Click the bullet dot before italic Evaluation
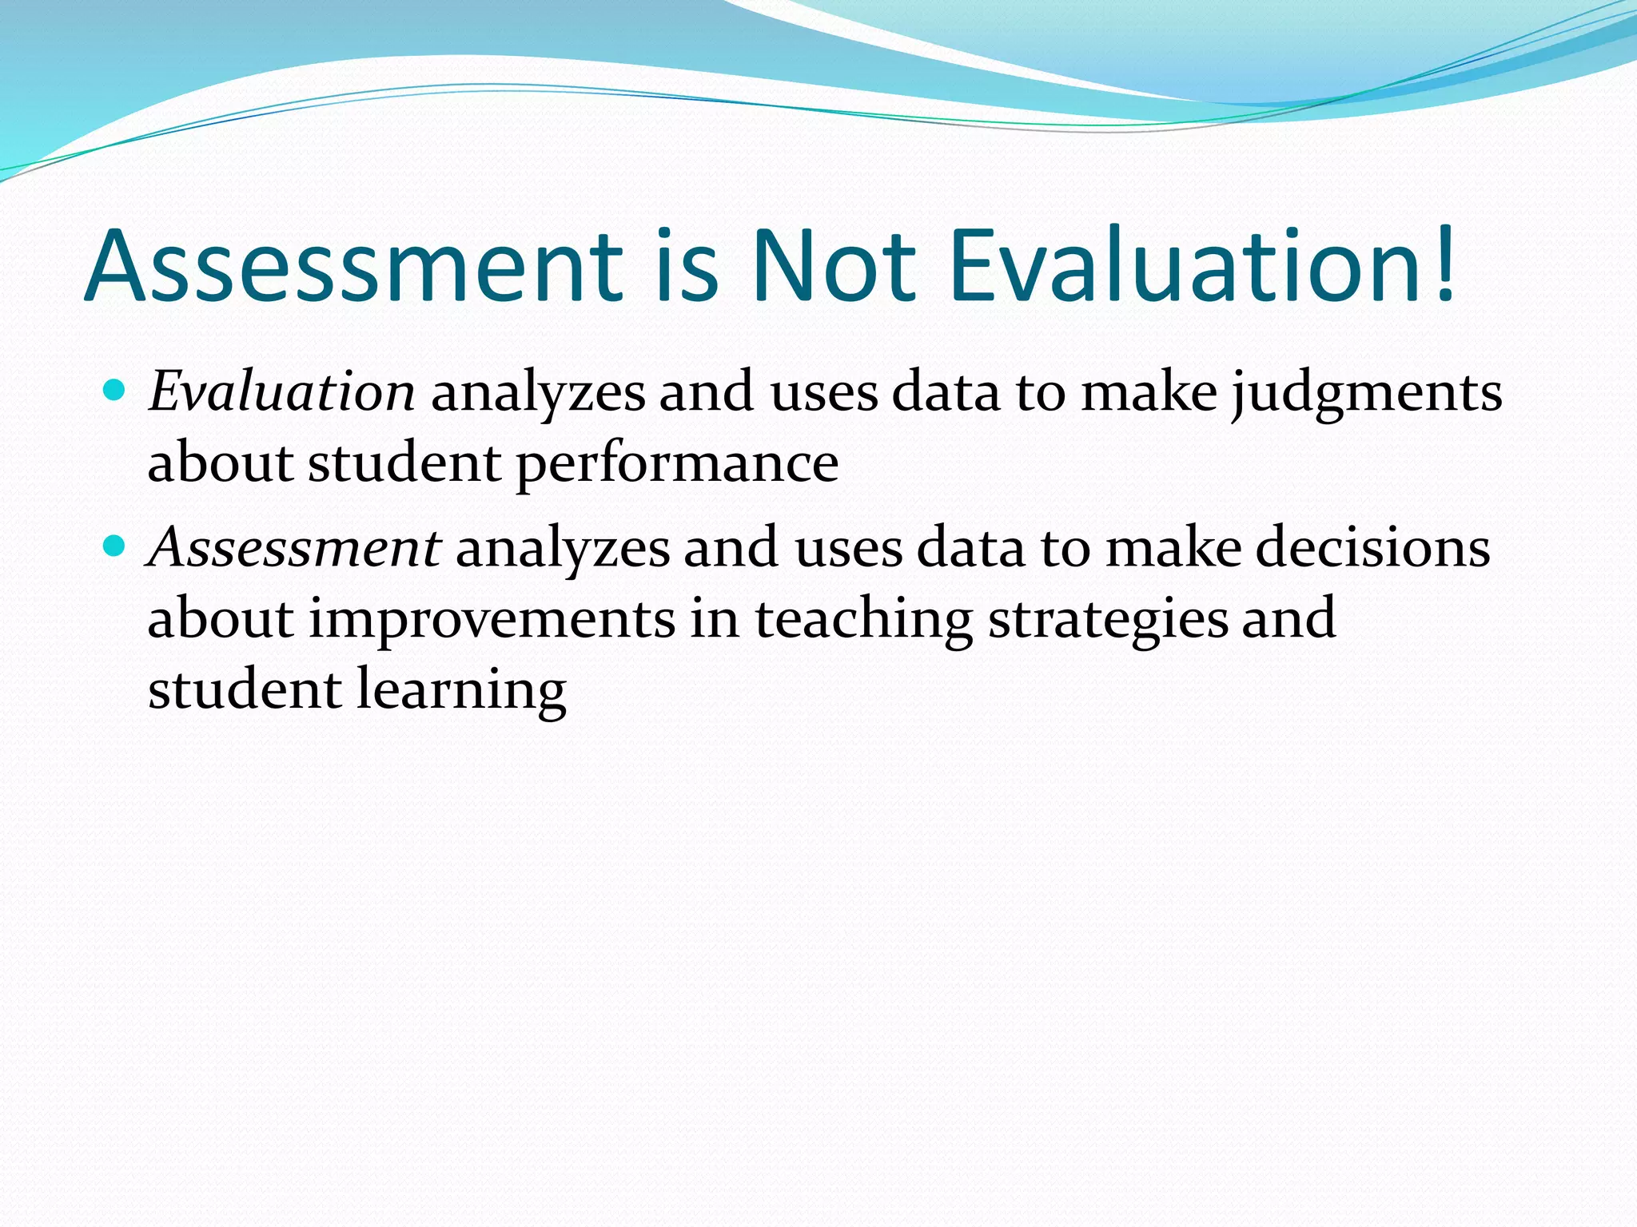(115, 391)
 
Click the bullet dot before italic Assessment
(115, 546)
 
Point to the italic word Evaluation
(281, 392)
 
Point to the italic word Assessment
(294, 548)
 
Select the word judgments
(1367, 394)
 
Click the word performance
(677, 464)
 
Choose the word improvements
(492, 620)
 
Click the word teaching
(863, 620)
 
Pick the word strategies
(1107, 620)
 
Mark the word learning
(461, 690)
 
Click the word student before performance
(404, 463)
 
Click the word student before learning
(244, 689)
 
